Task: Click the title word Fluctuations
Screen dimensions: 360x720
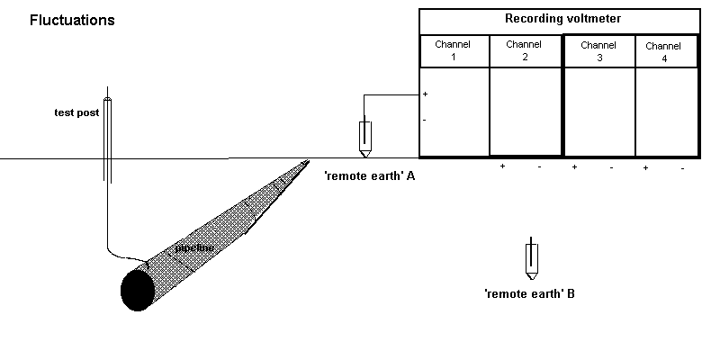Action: pos(72,20)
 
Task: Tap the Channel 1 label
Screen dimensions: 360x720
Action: pos(454,50)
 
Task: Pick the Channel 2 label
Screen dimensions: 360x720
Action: pos(524,50)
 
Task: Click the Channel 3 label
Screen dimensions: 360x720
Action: pos(598,50)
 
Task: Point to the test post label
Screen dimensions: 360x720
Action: pos(76,113)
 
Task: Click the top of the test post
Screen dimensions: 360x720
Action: pos(107,98)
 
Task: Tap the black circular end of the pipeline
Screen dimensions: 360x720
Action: pos(137,289)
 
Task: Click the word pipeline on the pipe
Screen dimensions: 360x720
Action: pos(194,247)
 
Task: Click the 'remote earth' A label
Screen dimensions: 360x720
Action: pos(370,176)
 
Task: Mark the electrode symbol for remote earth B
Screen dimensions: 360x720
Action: pos(532,261)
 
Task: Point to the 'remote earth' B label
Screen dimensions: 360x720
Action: pos(529,293)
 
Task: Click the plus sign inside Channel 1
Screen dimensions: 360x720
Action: pos(425,94)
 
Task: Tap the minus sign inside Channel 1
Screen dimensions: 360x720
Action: pos(425,120)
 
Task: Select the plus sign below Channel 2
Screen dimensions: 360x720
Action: pos(503,167)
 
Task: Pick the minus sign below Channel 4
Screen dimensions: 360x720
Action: pos(683,168)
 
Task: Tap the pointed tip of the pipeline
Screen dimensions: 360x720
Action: pos(308,162)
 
